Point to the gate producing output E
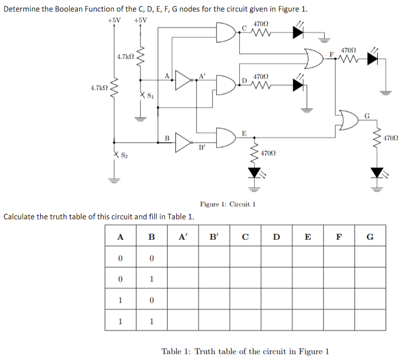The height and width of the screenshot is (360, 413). pyautogui.click(x=227, y=138)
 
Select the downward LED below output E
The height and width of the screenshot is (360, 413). pyautogui.click(x=255, y=172)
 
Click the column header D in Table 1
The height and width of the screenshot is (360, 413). pyautogui.click(x=276, y=237)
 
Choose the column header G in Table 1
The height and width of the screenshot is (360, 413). pyautogui.click(x=369, y=237)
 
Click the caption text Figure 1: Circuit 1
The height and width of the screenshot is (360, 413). pyautogui.click(x=227, y=204)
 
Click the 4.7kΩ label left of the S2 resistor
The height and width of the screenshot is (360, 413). pyautogui.click(x=99, y=88)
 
